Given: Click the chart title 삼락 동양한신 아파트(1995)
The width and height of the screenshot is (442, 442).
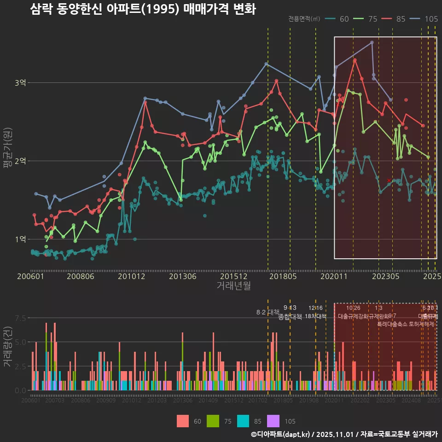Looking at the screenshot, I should [143, 9].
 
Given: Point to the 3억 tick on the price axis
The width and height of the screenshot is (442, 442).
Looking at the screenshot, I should [21, 83].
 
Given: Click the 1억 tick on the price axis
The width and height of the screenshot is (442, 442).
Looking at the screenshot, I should [21, 239].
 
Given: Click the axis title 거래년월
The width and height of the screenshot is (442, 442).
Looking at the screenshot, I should [233, 285].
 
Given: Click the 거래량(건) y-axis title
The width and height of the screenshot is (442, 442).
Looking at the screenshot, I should [7, 348].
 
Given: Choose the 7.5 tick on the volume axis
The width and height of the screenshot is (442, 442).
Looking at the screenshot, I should [20, 318].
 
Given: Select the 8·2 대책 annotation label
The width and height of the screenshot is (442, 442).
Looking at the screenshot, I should [268, 312].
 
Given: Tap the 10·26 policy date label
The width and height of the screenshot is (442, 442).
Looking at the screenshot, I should [353, 308].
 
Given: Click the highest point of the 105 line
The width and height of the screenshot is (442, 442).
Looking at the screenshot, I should [372, 42].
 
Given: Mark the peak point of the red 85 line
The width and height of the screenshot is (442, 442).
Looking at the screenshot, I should [355, 59].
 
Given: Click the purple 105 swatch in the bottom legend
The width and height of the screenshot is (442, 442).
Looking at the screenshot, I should [273, 421].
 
